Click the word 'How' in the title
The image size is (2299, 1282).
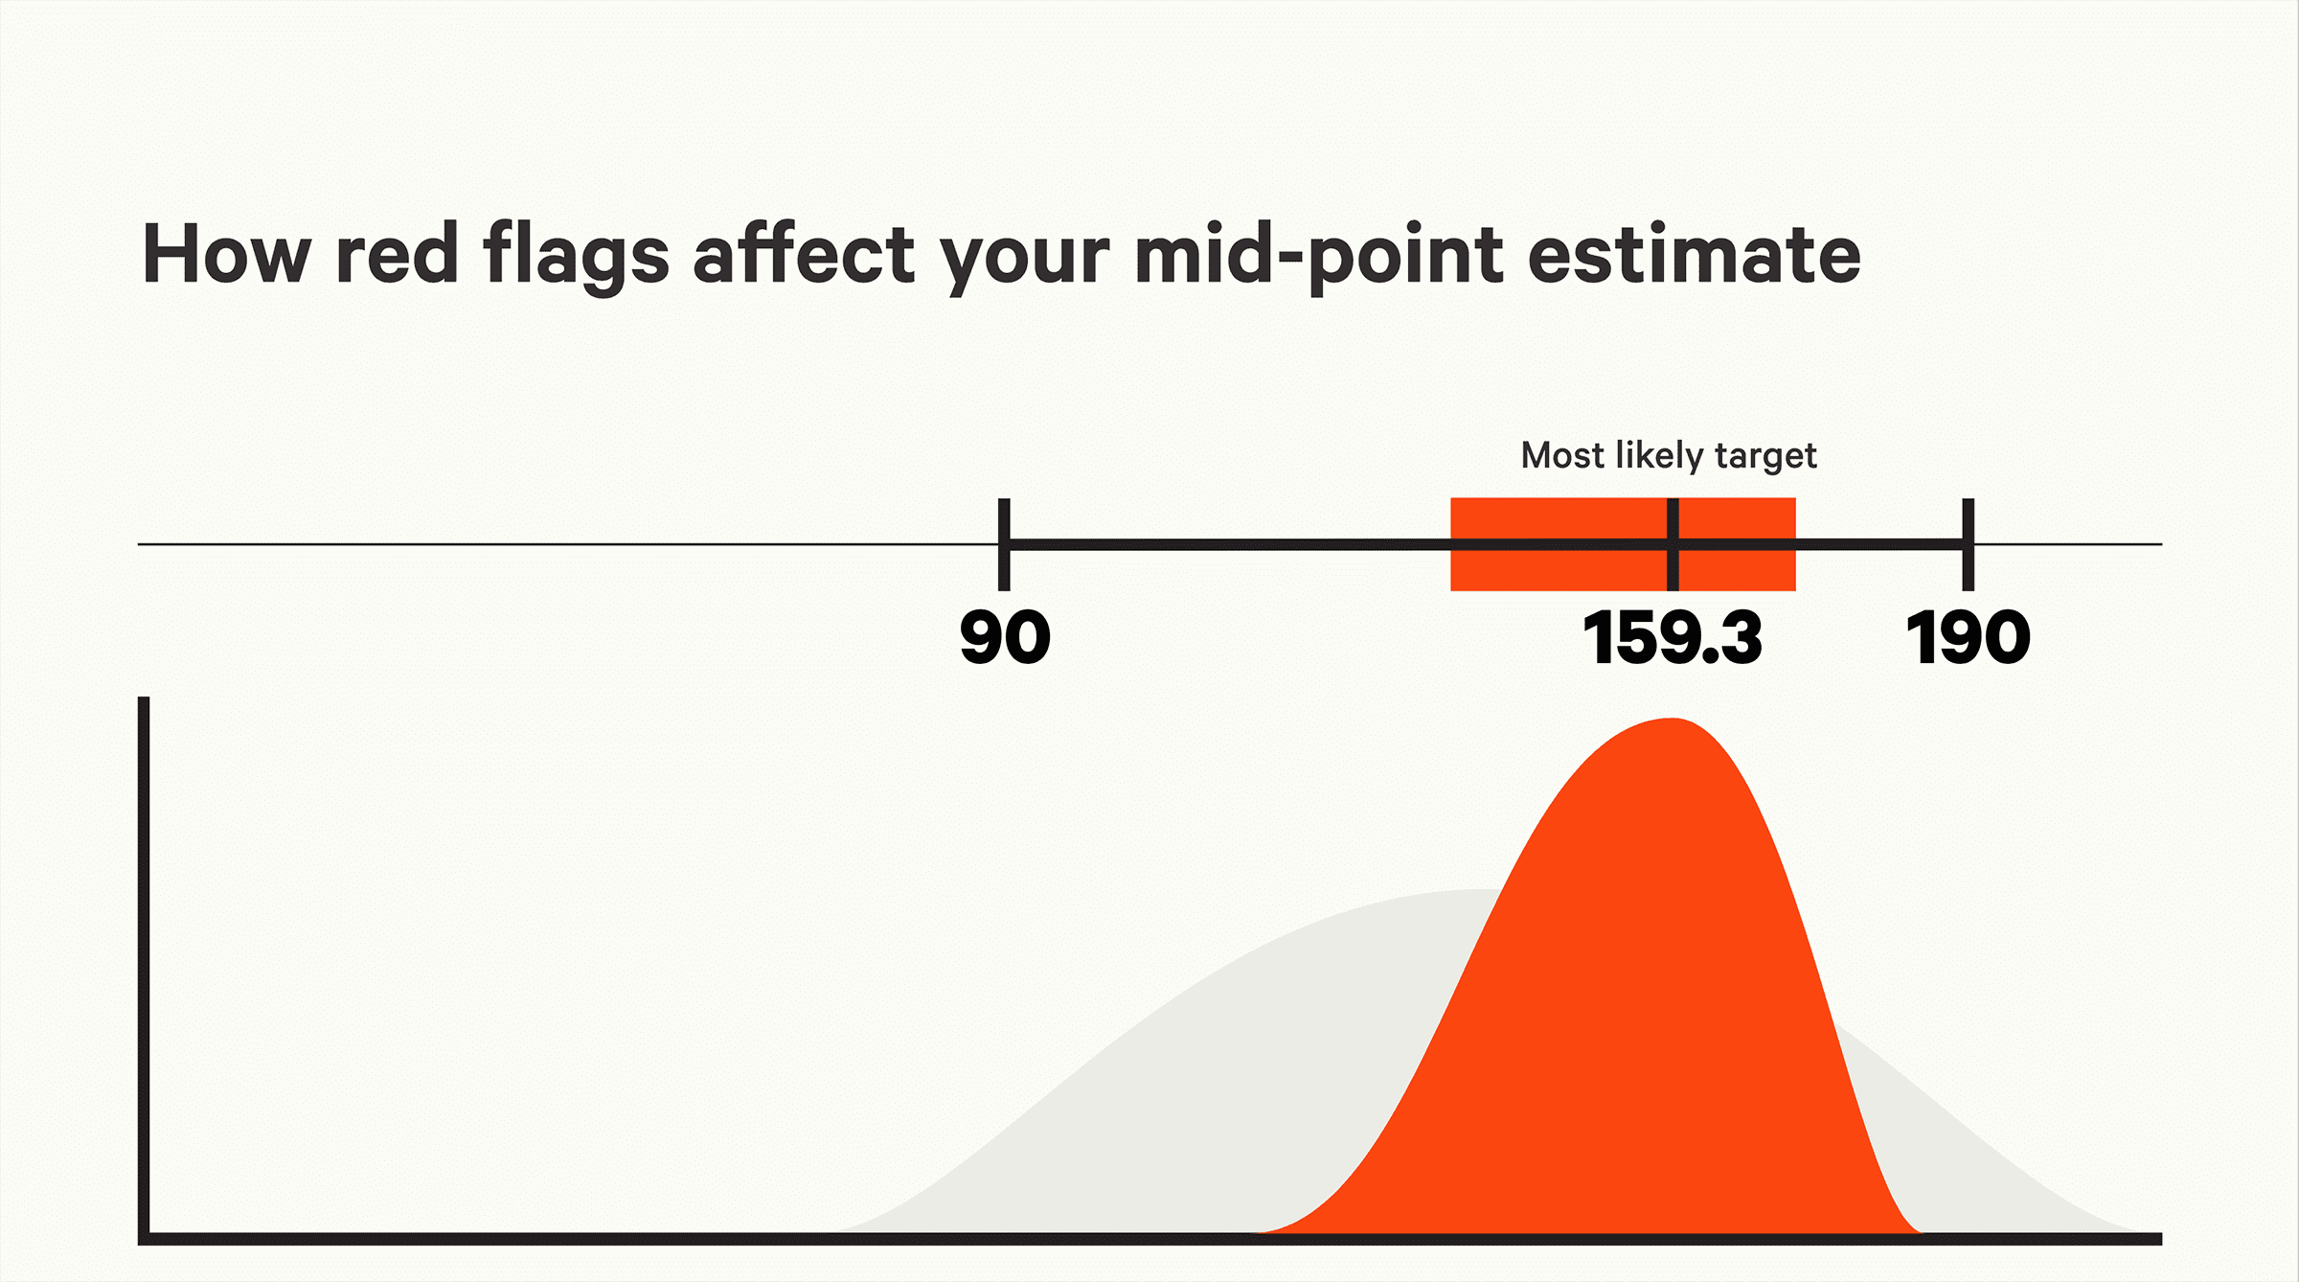click(227, 254)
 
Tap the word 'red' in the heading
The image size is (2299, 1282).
click(397, 254)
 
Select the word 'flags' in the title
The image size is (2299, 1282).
click(576, 257)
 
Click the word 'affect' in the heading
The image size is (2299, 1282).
click(805, 253)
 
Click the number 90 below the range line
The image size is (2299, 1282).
click(1005, 638)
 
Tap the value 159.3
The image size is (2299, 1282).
click(1673, 638)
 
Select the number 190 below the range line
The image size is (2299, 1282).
click(1968, 638)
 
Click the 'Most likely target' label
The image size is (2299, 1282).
click(1669, 456)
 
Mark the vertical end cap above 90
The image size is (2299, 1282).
click(1004, 544)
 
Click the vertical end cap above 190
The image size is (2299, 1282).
click(1968, 544)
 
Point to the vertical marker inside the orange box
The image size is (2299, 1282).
click(1673, 544)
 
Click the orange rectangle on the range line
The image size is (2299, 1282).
click(1623, 544)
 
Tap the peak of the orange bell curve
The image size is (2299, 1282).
click(1672, 719)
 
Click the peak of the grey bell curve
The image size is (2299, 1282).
click(1466, 891)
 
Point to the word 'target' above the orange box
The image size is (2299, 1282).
click(1765, 458)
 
